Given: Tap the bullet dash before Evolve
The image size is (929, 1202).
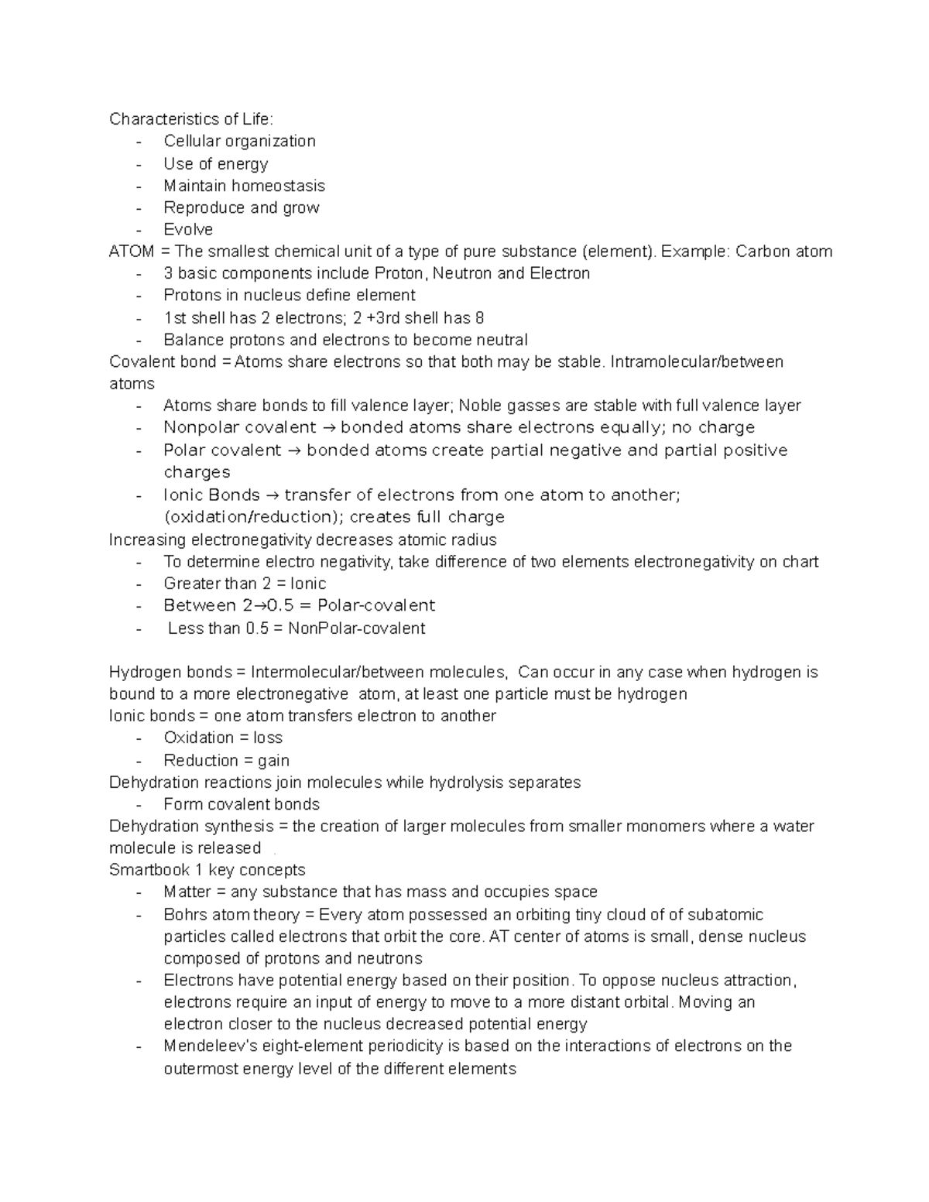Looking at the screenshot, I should click(x=138, y=230).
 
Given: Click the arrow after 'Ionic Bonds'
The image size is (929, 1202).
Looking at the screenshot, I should click(x=272, y=495).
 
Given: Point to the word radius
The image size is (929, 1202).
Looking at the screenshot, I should click(x=472, y=539).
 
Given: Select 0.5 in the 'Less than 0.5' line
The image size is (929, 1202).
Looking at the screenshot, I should click(x=257, y=628).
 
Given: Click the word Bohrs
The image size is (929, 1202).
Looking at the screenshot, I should click(x=185, y=915).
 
